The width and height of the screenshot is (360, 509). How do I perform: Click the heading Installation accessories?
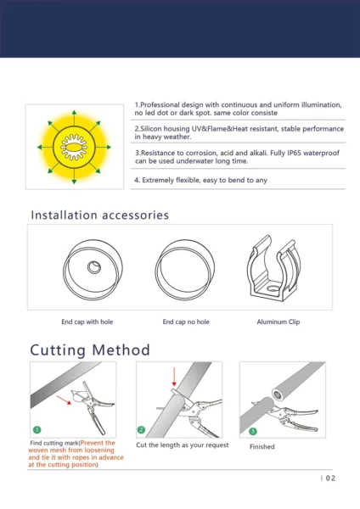[x=99, y=215]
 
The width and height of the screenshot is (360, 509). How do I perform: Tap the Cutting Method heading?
[x=90, y=350]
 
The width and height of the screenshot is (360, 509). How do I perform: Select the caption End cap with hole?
[x=87, y=322]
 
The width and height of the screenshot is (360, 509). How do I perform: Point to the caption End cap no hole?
[x=186, y=322]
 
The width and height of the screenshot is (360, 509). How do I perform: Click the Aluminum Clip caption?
[x=278, y=322]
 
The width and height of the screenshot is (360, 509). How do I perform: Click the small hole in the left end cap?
[x=94, y=267]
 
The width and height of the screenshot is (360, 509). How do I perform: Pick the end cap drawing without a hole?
[x=185, y=270]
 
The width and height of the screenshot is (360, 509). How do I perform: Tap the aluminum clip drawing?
[x=273, y=268]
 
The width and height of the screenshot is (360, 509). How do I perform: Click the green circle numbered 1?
[x=37, y=429]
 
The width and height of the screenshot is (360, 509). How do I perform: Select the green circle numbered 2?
[x=141, y=429]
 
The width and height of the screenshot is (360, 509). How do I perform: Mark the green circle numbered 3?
[x=253, y=431]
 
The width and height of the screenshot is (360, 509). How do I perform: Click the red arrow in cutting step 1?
[x=64, y=400]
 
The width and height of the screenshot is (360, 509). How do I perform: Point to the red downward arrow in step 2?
[x=174, y=377]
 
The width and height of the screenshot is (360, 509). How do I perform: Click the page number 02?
[x=330, y=478]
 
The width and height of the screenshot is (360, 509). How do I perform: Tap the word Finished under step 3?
[x=262, y=447]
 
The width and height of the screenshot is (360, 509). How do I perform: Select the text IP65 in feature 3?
[x=294, y=153]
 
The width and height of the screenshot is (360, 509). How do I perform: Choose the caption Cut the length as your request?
[x=183, y=445]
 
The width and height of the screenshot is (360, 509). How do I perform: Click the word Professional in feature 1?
[x=160, y=105]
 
